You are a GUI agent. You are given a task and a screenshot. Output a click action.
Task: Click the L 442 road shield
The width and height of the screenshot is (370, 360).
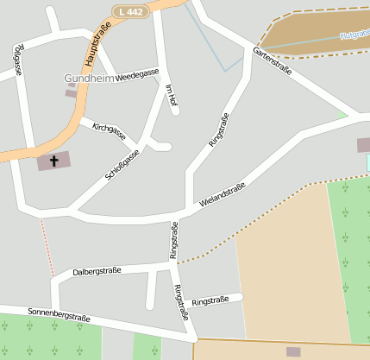[129, 10]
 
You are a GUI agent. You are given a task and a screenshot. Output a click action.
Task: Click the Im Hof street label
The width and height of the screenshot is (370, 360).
[171, 95]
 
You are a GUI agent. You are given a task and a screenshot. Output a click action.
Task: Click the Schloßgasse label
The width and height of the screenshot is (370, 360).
[122, 165]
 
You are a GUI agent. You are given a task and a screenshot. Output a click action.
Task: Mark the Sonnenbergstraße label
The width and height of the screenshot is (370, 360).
[59, 314]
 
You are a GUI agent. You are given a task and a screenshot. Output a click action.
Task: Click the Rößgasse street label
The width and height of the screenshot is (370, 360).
[18, 60]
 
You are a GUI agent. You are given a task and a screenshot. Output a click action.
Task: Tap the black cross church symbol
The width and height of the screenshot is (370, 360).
[54, 161]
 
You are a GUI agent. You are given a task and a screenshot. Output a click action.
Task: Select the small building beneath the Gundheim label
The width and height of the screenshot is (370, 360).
[71, 93]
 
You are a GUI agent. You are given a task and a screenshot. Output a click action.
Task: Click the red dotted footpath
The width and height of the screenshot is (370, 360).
[47, 247]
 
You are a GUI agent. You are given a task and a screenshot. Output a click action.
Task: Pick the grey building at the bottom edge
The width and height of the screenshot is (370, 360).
[293, 352]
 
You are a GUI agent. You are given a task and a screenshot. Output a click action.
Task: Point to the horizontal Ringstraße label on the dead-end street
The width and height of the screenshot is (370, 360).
[210, 300]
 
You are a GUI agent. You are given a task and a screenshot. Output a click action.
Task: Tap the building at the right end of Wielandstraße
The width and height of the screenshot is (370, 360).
[363, 145]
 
